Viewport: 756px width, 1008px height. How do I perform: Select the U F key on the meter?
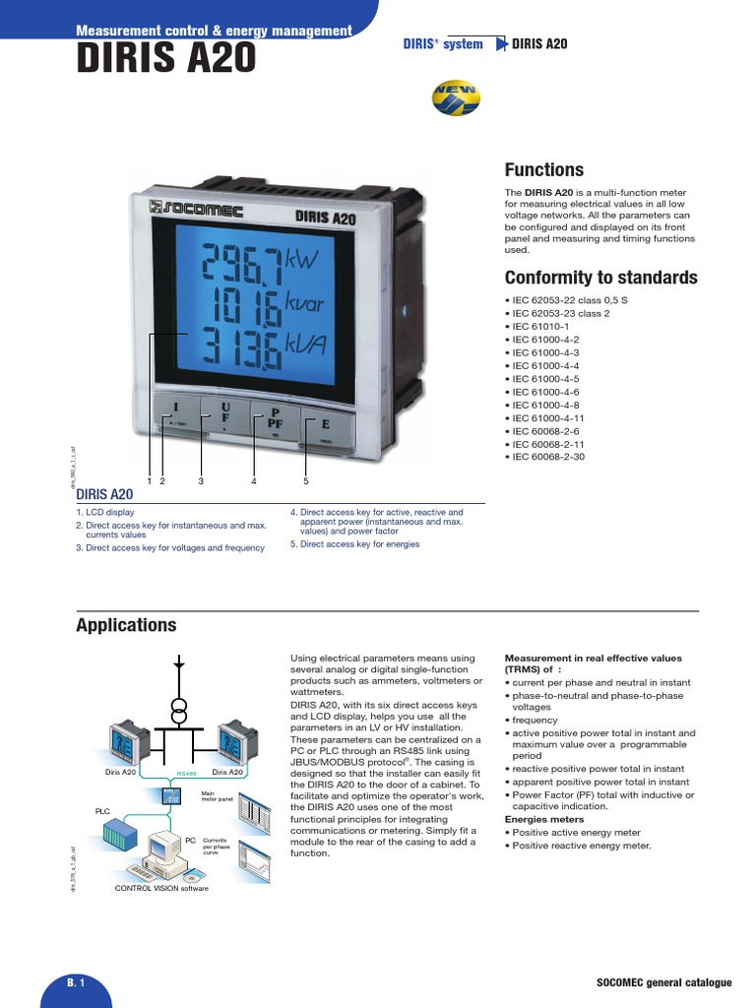224,411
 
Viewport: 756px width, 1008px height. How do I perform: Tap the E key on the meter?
324,424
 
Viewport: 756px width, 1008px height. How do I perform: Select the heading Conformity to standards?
600,277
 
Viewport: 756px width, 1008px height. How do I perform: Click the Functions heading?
543,169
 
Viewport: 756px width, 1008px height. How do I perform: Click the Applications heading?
126,625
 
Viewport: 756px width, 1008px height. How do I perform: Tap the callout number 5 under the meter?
306,481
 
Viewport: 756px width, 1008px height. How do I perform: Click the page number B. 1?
77,983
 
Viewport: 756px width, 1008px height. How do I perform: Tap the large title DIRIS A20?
165,60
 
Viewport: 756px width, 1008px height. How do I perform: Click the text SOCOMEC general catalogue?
664,983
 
